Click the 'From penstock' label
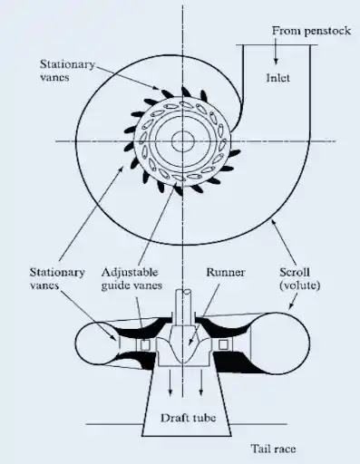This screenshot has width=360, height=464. pyautogui.click(x=311, y=31)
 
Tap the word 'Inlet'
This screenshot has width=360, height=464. pyautogui.click(x=277, y=78)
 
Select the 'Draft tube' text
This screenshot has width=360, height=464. pyautogui.click(x=189, y=418)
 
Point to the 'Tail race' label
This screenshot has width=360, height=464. pyautogui.click(x=273, y=449)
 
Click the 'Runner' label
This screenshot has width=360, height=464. pyautogui.click(x=226, y=272)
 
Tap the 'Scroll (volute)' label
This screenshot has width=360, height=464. pyautogui.click(x=299, y=278)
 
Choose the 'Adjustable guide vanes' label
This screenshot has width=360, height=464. pyautogui.click(x=131, y=278)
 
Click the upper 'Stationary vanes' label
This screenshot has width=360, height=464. pyautogui.click(x=67, y=71)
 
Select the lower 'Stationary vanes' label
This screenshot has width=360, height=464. pyautogui.click(x=57, y=278)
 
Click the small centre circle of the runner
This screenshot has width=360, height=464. pyautogui.click(x=182, y=141)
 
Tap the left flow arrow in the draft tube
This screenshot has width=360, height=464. pyautogui.click(x=170, y=382)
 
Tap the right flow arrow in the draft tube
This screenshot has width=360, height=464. pyautogui.click(x=200, y=382)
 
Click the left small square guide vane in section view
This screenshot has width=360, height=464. pyautogui.click(x=145, y=344)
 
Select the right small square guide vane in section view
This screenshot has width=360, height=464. pyautogui.click(x=223, y=344)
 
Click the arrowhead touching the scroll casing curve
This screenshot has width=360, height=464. pyautogui.click(x=274, y=223)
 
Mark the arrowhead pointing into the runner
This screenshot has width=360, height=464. pyautogui.click(x=190, y=343)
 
